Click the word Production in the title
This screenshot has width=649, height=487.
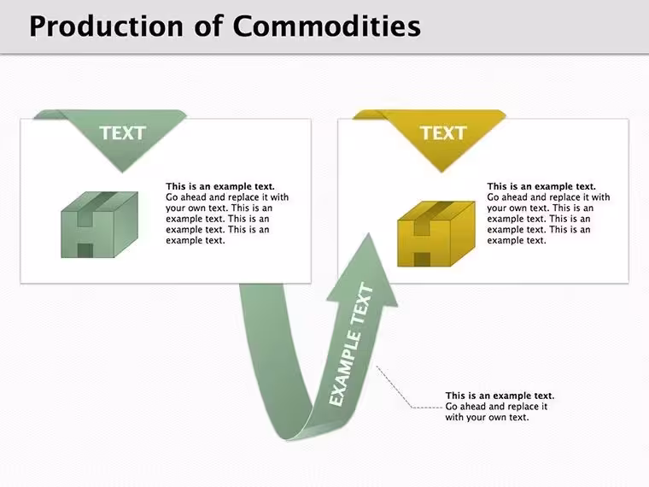pyautogui.click(x=106, y=26)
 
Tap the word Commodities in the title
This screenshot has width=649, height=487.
pyautogui.click(x=327, y=26)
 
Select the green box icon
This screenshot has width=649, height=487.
pyautogui.click(x=99, y=225)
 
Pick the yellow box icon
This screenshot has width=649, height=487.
pyautogui.click(x=436, y=233)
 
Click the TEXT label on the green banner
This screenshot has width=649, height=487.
pyautogui.click(x=122, y=133)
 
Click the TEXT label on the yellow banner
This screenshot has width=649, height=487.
pyautogui.click(x=443, y=133)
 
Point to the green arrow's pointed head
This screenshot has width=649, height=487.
pyautogui.click(x=368, y=233)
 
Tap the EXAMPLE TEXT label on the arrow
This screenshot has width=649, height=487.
pyautogui.click(x=352, y=343)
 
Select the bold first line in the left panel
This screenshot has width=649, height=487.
pyautogui.click(x=220, y=186)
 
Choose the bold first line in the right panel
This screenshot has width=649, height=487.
pyautogui.click(x=541, y=186)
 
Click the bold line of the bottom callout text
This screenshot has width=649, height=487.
pyautogui.click(x=500, y=396)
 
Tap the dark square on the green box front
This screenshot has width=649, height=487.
pyautogui.click(x=85, y=250)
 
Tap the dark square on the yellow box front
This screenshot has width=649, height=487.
pyautogui.click(x=422, y=260)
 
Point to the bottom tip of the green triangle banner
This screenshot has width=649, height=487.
pyautogui.click(x=122, y=173)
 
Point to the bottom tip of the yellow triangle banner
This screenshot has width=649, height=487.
pyautogui.click(x=441, y=173)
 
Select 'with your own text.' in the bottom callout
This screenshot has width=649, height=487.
pyautogui.click(x=487, y=418)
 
